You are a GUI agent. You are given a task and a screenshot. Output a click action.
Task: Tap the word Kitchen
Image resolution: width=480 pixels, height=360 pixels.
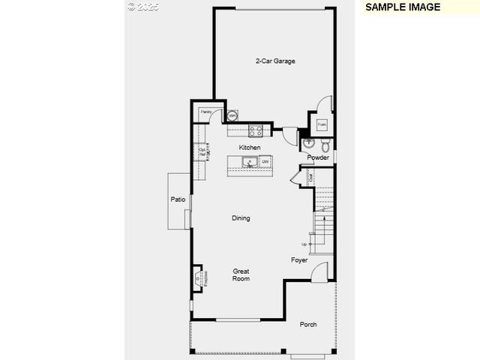250,148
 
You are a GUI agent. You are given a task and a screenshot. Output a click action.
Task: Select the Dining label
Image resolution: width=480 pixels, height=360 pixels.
241,218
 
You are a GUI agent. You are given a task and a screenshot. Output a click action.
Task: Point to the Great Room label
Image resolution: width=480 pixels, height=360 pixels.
241,274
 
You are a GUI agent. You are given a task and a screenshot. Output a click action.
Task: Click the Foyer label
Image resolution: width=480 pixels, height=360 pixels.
299,260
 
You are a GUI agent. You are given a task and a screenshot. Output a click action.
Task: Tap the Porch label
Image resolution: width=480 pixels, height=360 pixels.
307,325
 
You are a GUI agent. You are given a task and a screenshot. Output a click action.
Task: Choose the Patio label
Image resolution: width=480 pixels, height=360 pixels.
178,199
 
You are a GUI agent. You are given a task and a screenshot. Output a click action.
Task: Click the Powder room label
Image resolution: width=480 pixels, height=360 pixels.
318,157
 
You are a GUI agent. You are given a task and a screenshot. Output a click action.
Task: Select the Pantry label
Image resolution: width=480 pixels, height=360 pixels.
205,112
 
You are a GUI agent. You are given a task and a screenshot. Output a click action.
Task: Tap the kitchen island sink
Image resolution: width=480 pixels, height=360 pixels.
250,162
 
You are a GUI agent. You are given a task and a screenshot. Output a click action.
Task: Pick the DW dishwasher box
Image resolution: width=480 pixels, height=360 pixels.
265,162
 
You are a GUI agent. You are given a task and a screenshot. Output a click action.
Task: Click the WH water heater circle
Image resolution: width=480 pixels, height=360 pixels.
232,115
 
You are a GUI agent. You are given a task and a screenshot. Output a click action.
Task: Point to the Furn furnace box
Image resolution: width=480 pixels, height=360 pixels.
321,124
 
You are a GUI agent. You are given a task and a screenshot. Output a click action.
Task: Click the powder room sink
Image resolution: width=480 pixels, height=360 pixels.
308,142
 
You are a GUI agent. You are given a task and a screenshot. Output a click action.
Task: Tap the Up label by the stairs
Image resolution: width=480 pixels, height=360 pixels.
304,244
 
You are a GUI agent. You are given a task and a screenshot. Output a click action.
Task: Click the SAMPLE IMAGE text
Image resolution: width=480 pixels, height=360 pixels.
403,7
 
